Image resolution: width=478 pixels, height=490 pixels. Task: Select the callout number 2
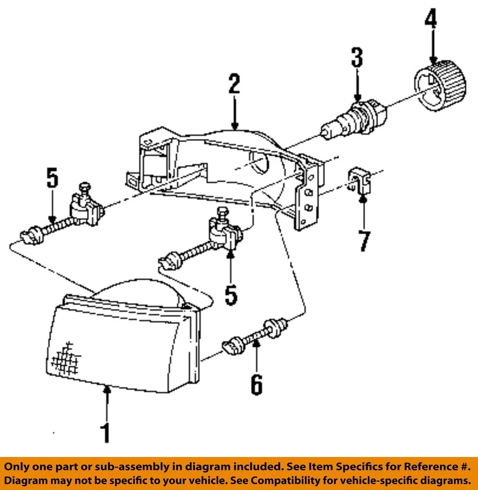[234, 85]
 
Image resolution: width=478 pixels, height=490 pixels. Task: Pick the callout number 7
[363, 241]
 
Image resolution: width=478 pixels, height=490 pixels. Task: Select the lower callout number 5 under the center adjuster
[231, 295]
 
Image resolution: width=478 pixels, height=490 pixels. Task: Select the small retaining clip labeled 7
[360, 181]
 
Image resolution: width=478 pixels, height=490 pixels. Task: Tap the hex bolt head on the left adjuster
[84, 188]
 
